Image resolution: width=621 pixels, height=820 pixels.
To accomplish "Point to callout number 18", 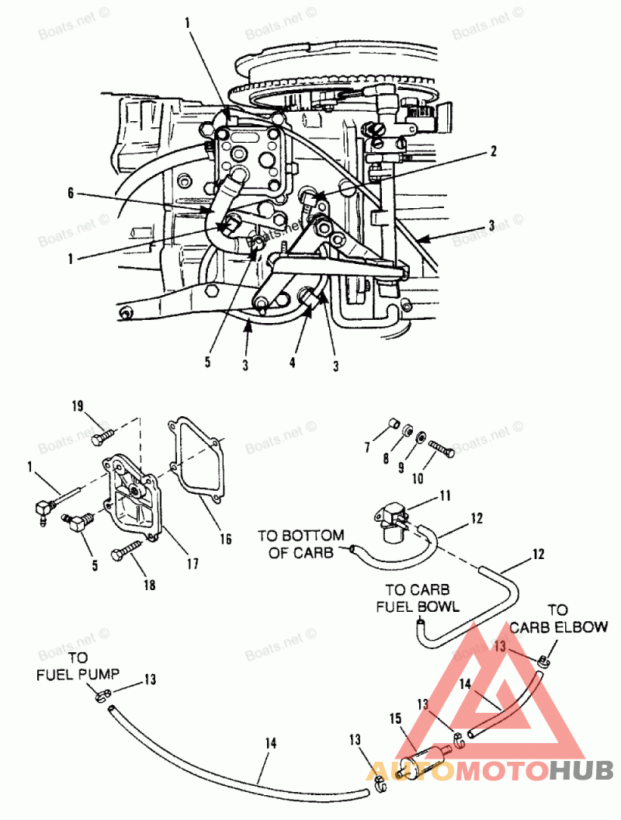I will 150,584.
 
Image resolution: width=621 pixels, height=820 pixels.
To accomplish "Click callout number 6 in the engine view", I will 71,195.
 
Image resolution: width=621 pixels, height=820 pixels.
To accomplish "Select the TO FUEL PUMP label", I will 75,666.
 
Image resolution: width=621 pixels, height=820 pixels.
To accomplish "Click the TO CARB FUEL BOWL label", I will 418,596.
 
